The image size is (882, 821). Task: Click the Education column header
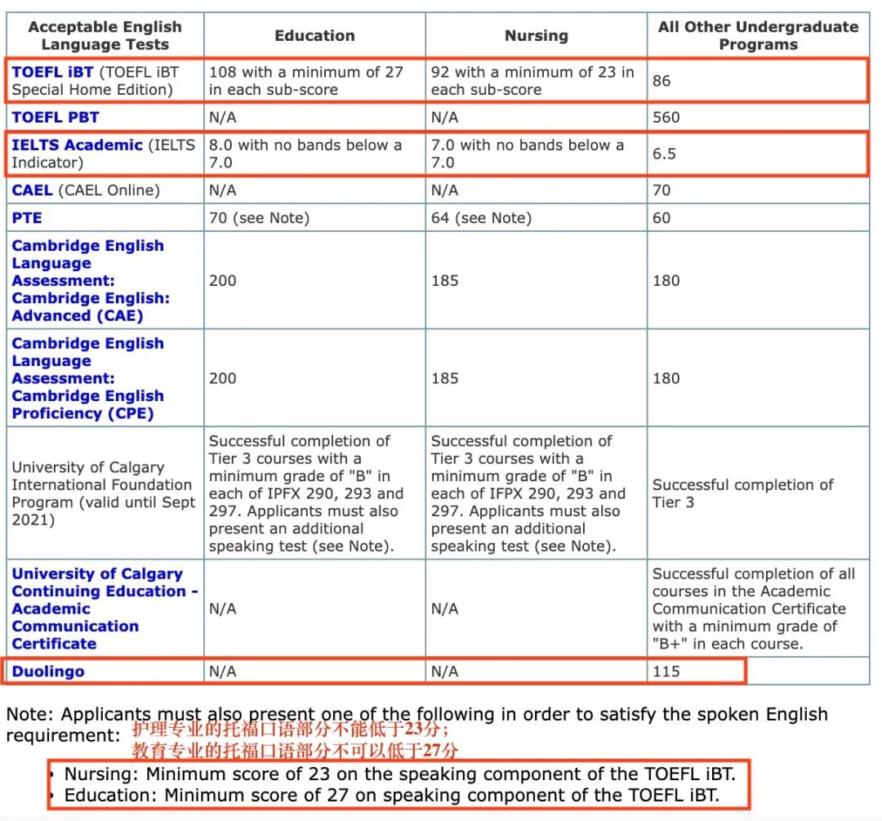[x=314, y=36]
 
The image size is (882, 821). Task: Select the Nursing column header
[x=536, y=36]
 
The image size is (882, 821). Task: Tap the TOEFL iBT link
[x=52, y=72]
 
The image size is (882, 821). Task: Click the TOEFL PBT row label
[x=56, y=117]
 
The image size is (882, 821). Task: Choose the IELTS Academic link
[x=77, y=145]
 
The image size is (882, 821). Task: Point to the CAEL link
[x=32, y=190]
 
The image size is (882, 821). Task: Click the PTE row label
[x=27, y=218]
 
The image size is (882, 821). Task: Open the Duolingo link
[x=48, y=672]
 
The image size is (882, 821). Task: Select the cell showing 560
[x=666, y=117]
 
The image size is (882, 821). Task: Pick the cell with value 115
[x=666, y=672]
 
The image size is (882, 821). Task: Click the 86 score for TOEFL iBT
[x=662, y=81]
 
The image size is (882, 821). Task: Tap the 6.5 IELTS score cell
[x=665, y=154]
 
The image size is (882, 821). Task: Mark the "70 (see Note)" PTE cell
[x=259, y=218]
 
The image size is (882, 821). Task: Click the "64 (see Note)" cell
[x=481, y=218]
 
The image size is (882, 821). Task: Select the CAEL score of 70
[x=661, y=190]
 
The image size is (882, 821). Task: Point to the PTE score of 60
[x=661, y=218]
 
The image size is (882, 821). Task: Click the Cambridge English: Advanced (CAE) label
[x=88, y=280]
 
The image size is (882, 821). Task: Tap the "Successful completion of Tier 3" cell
[x=742, y=493]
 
